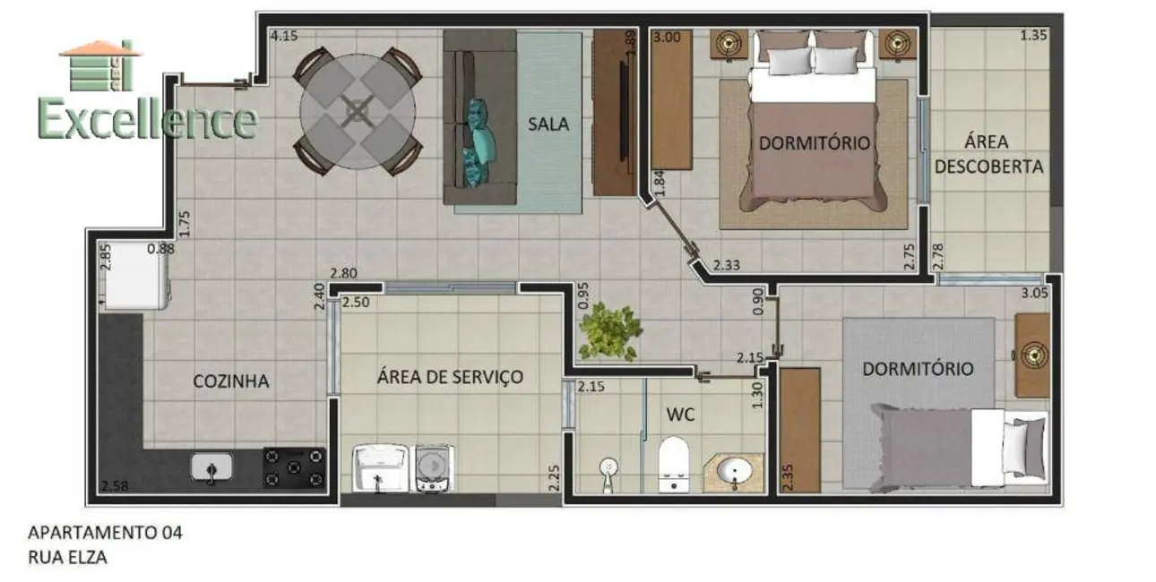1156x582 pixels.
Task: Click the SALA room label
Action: point(548,124)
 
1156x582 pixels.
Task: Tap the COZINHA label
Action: point(231,381)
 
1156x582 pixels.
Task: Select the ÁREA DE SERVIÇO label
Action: point(450,377)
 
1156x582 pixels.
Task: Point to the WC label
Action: point(680,415)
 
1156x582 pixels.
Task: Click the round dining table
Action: point(358,111)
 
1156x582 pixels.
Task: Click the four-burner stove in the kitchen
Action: point(293,467)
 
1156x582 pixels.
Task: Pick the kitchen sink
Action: point(211,466)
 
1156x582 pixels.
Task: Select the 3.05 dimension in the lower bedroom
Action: point(1034,293)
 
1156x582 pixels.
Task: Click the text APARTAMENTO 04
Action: point(106,533)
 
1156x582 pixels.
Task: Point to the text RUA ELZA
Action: point(68,557)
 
